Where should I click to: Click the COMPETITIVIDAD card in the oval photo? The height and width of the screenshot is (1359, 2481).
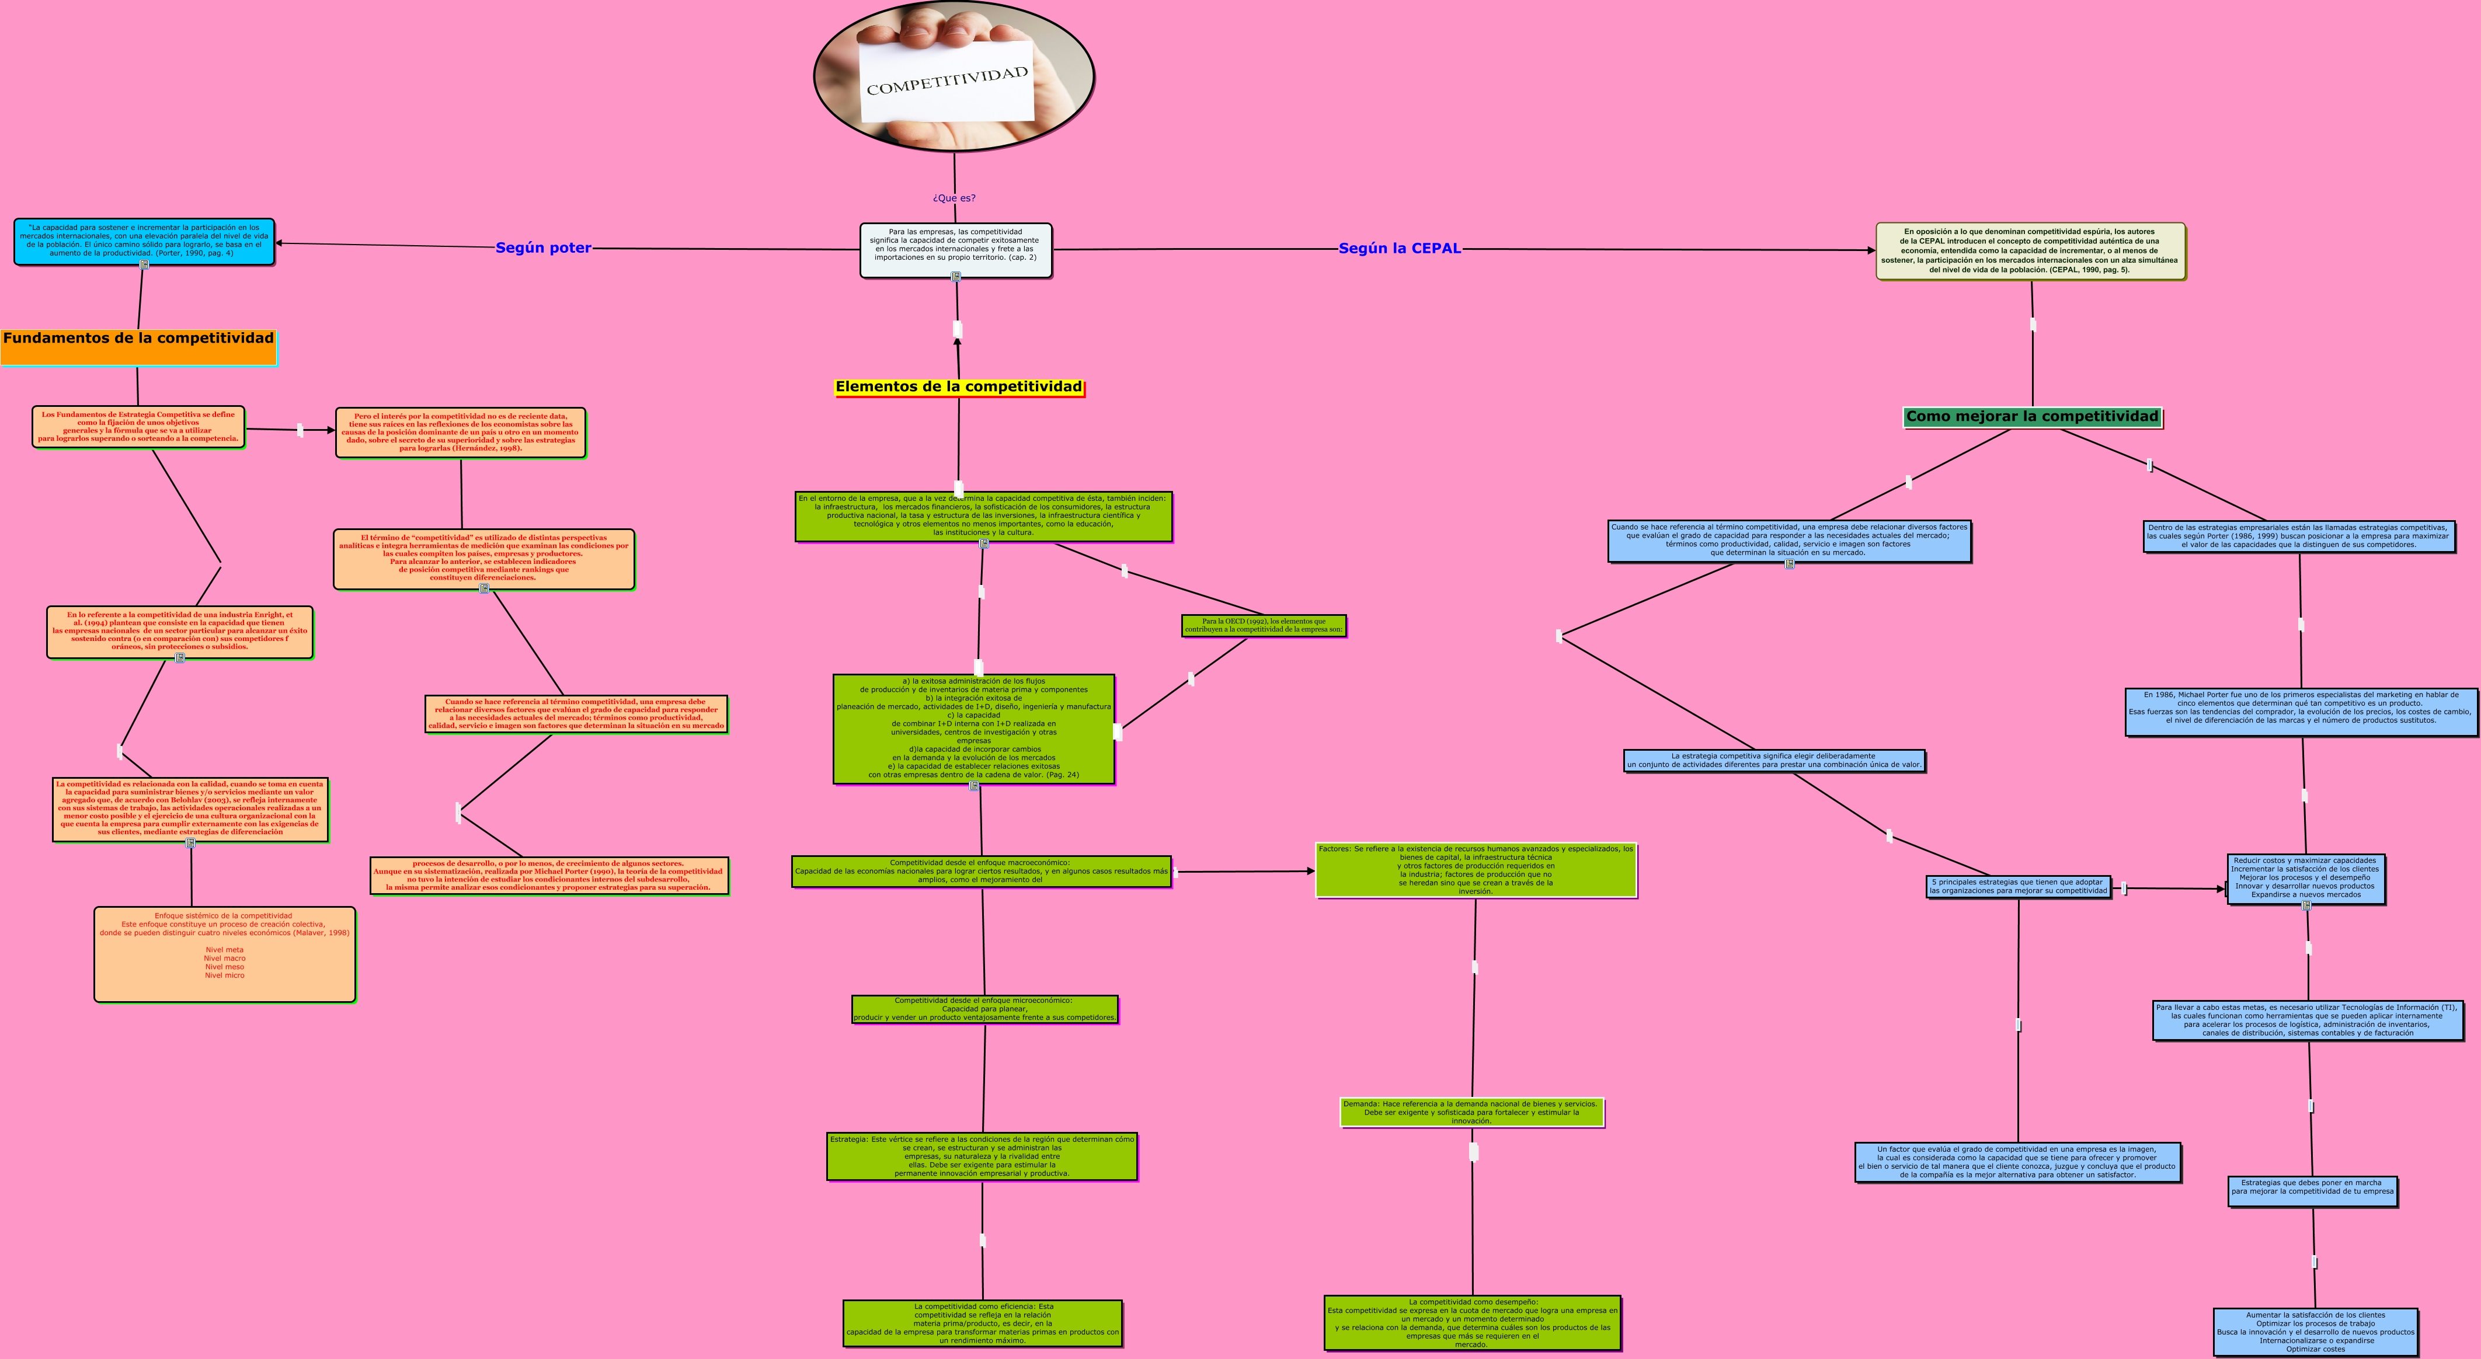pos(946,81)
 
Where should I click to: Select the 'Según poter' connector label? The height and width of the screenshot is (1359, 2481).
pos(543,248)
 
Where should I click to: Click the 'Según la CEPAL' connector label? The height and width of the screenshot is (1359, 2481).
pos(1400,249)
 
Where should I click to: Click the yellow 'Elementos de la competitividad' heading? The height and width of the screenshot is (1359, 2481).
pos(958,387)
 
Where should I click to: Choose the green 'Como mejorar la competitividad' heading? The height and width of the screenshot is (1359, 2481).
pos(2032,417)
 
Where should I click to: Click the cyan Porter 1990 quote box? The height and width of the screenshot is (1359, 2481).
pos(144,241)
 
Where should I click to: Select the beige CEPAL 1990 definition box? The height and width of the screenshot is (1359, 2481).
pos(2030,250)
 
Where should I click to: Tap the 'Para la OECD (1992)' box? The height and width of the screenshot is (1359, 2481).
pos(1264,626)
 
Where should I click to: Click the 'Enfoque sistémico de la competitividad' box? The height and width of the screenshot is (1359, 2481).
pos(224,953)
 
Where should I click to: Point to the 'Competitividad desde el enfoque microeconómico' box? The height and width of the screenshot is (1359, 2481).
pos(984,1008)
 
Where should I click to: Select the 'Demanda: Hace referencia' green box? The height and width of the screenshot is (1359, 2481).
pos(1471,1113)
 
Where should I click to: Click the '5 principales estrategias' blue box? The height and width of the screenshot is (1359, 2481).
pos(2019,886)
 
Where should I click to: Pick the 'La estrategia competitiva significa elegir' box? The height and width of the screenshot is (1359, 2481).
pos(1774,761)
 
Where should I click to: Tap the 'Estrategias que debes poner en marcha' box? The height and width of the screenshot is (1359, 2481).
pos(2312,1190)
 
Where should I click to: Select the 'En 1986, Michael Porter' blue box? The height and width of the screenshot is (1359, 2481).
pos(2301,712)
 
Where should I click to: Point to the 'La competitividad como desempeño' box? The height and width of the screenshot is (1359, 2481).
pos(1471,1322)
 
